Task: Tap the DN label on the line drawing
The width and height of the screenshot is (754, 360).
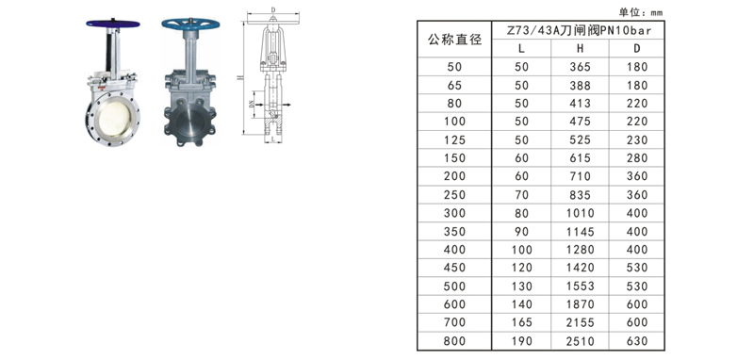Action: (x=250, y=106)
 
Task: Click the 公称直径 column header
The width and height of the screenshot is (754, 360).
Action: (x=454, y=40)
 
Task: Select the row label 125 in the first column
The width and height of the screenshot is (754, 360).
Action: (x=454, y=139)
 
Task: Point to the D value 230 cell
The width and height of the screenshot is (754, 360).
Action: (x=637, y=139)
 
